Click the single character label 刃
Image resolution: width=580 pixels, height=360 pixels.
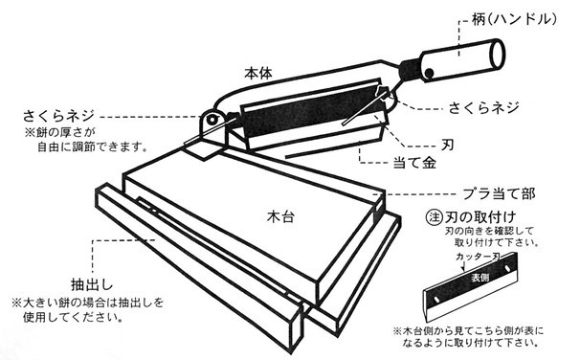pyautogui.click(x=446, y=143)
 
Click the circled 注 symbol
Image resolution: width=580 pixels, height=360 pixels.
pyautogui.click(x=433, y=216)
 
